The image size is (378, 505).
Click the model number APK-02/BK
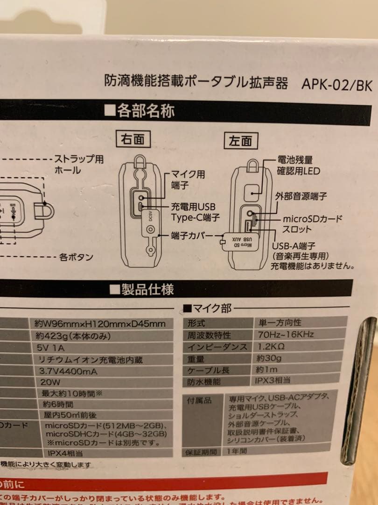click(x=336, y=84)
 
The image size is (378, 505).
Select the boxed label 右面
click(x=133, y=139)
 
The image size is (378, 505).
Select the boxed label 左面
click(x=241, y=141)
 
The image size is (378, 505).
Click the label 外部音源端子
click(x=301, y=196)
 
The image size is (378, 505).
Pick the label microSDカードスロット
click(x=312, y=224)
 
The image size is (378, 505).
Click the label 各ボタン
click(x=76, y=257)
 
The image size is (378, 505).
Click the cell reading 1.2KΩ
click(x=271, y=346)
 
